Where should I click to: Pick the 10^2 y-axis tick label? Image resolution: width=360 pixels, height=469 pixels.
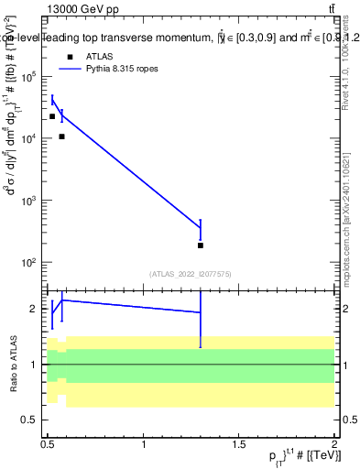(29, 263)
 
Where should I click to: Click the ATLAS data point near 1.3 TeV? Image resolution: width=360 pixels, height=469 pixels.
(201, 245)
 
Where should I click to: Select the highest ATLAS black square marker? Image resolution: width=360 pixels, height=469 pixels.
(52, 116)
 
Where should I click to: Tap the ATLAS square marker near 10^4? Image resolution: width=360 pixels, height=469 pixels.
(61, 136)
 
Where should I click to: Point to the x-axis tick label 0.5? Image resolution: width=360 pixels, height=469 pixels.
(48, 443)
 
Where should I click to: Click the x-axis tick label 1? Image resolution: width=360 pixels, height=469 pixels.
(144, 443)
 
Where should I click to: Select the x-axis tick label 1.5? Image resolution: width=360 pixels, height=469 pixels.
(239, 443)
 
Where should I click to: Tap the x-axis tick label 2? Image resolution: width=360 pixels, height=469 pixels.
(334, 443)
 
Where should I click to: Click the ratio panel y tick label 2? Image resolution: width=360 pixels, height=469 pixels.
(34, 309)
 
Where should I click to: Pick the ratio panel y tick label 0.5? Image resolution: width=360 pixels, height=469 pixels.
(29, 420)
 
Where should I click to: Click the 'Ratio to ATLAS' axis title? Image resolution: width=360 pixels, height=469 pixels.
(12, 364)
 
